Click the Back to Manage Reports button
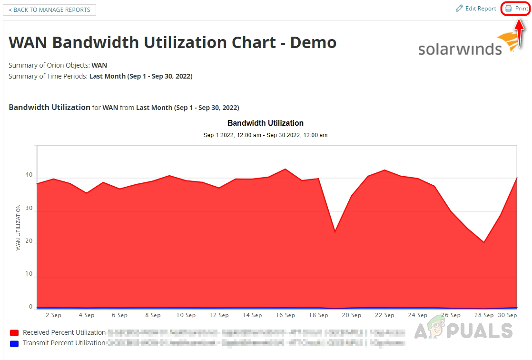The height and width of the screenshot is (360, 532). (x=49, y=10)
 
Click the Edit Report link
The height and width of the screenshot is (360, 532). (x=476, y=9)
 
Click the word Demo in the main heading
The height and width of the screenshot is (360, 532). (x=313, y=42)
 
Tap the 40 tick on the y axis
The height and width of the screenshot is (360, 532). (x=29, y=175)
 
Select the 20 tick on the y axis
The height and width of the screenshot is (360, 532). (x=29, y=241)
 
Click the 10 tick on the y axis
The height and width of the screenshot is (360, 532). (x=29, y=274)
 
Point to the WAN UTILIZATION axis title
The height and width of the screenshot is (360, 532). (x=18, y=228)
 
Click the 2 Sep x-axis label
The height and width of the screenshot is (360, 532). (x=53, y=315)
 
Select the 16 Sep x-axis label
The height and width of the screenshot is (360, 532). (x=286, y=315)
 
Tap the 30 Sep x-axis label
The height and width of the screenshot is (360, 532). (x=507, y=315)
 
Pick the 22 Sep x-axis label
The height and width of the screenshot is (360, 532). (x=384, y=315)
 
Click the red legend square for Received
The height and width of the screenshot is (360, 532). (x=14, y=333)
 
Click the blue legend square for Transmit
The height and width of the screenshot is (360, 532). (x=14, y=343)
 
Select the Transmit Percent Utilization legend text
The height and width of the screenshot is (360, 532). (x=64, y=343)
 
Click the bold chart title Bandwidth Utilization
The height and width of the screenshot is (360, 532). (x=266, y=123)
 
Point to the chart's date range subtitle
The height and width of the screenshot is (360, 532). (x=266, y=135)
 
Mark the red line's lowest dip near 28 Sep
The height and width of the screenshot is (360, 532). (x=484, y=242)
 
